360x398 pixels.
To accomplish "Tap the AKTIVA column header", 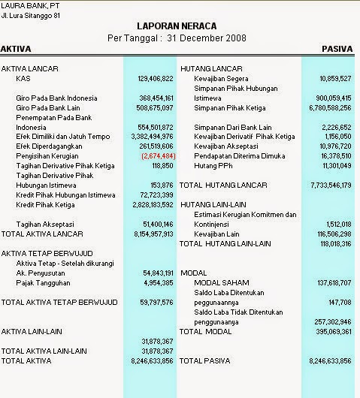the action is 16,49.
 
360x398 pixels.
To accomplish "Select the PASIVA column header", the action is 337,49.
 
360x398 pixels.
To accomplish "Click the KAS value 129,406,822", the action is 156,78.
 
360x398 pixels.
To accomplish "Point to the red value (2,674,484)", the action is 156,155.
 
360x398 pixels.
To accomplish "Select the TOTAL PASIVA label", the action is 205,360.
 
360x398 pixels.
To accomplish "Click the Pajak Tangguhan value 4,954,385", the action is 158,282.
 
